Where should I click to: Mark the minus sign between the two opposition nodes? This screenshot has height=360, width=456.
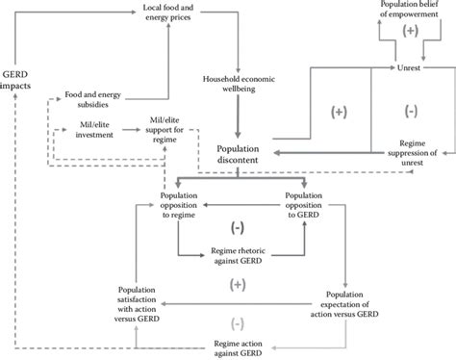pos(238,225)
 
